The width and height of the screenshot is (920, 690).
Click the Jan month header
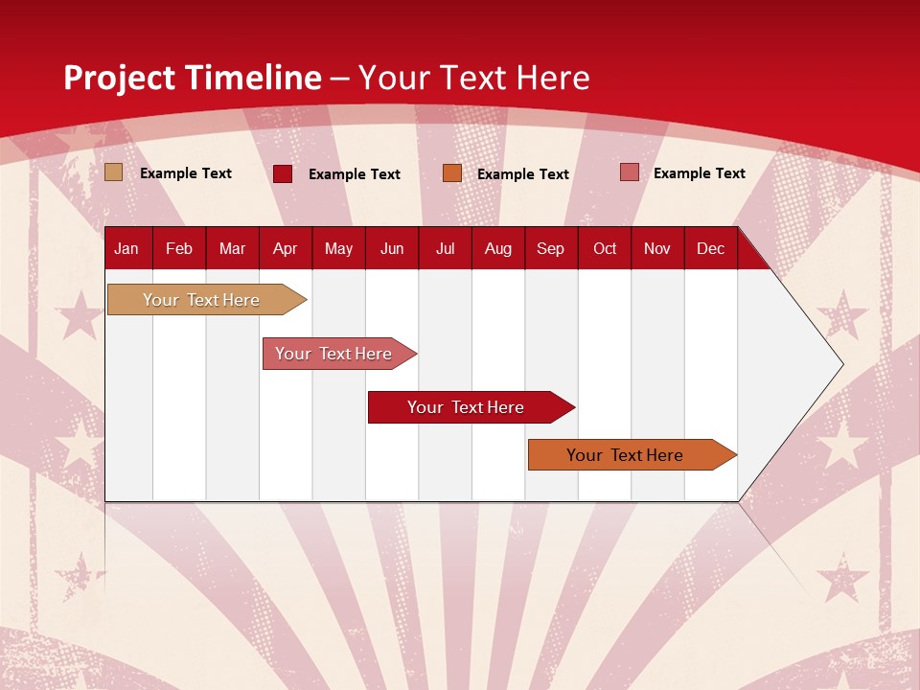(126, 249)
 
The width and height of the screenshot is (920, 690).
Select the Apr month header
(285, 249)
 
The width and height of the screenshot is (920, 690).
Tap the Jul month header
(445, 249)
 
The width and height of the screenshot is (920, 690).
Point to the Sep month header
(550, 249)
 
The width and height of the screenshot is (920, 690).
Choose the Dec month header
(710, 249)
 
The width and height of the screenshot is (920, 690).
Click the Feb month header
(179, 249)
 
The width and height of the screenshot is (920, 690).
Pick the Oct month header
(605, 249)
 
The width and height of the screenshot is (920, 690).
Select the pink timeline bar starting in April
(335, 354)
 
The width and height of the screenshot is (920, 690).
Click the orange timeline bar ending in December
(628, 455)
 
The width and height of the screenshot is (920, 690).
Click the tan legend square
(114, 172)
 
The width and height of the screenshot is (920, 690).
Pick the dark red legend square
(283, 173)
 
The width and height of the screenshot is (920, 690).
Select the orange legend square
(452, 173)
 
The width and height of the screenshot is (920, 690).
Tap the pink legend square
(629, 172)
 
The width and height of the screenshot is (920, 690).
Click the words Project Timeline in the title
(192, 78)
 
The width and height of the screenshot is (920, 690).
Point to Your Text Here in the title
(474, 78)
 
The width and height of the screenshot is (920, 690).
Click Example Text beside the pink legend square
(699, 173)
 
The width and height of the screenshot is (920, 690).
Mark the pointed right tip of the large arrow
(841, 363)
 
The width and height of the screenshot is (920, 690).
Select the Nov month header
(657, 249)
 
